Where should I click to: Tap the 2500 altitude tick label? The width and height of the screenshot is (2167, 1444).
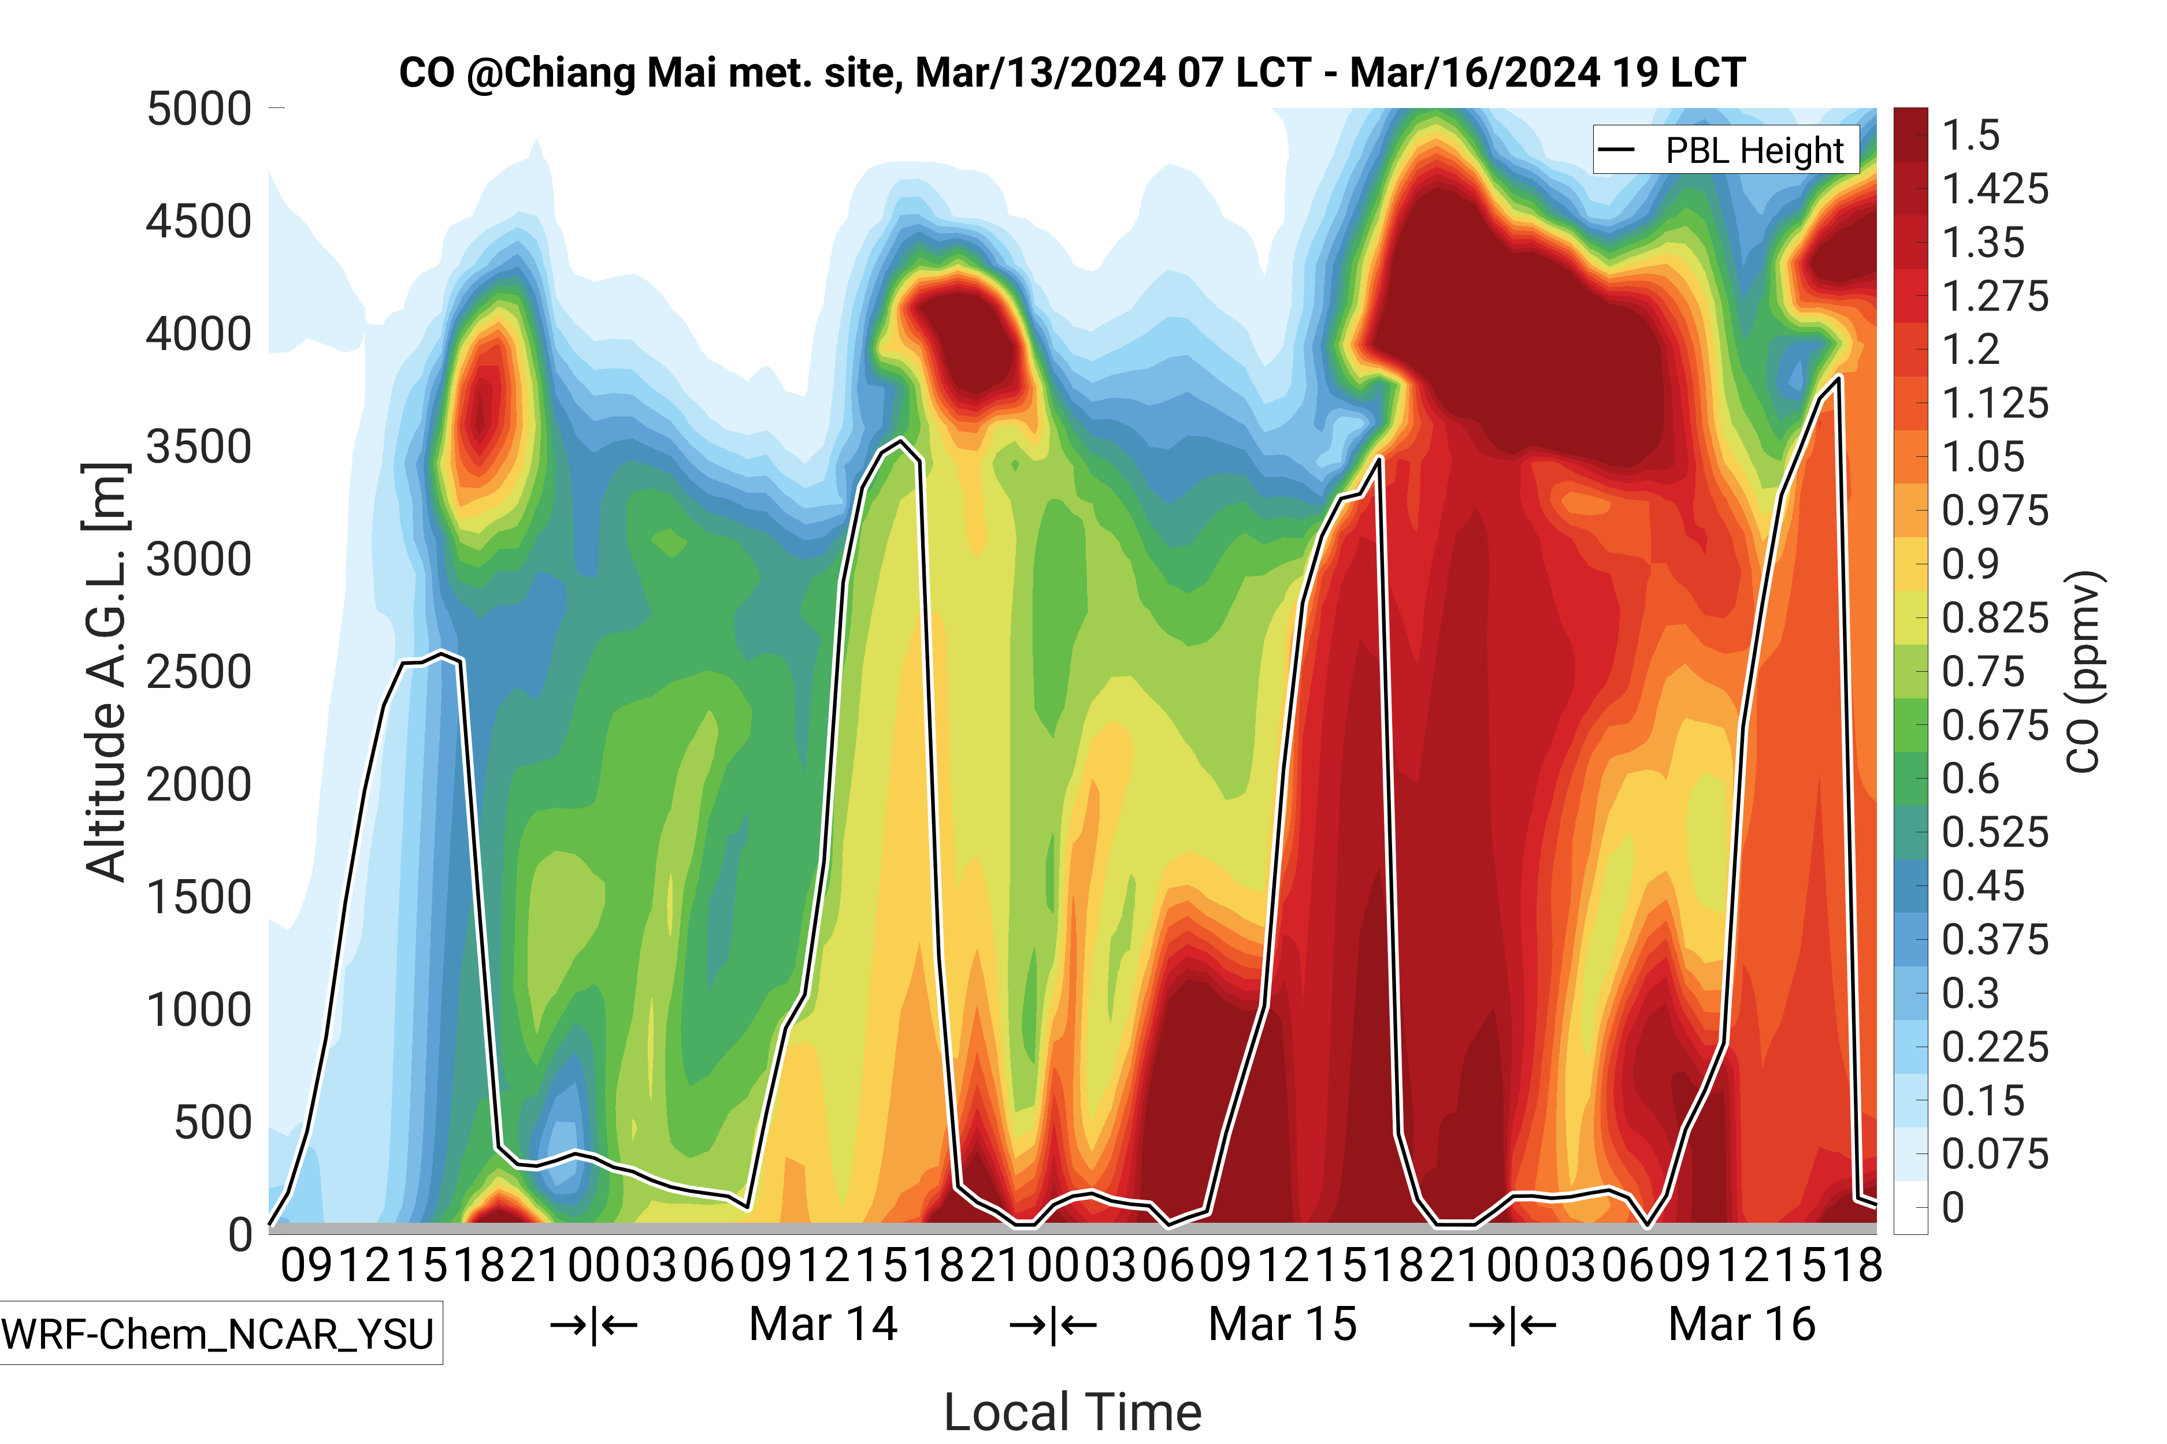coord(199,672)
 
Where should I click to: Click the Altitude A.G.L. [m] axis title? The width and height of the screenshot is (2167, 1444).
coord(105,672)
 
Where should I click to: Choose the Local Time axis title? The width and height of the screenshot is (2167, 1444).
coord(1073,1412)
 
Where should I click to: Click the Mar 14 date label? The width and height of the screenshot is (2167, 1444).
coord(823,1324)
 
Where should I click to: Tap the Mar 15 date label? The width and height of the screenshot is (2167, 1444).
coord(1282,1324)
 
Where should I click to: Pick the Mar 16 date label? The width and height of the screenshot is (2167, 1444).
coord(1741,1324)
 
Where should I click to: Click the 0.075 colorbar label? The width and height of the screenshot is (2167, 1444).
coord(1995,1154)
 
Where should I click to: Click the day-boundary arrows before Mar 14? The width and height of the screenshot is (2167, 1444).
coord(593,1325)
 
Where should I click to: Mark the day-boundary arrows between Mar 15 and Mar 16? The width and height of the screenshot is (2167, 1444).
coord(1512,1325)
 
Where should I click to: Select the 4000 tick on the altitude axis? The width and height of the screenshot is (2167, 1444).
coord(199,334)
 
